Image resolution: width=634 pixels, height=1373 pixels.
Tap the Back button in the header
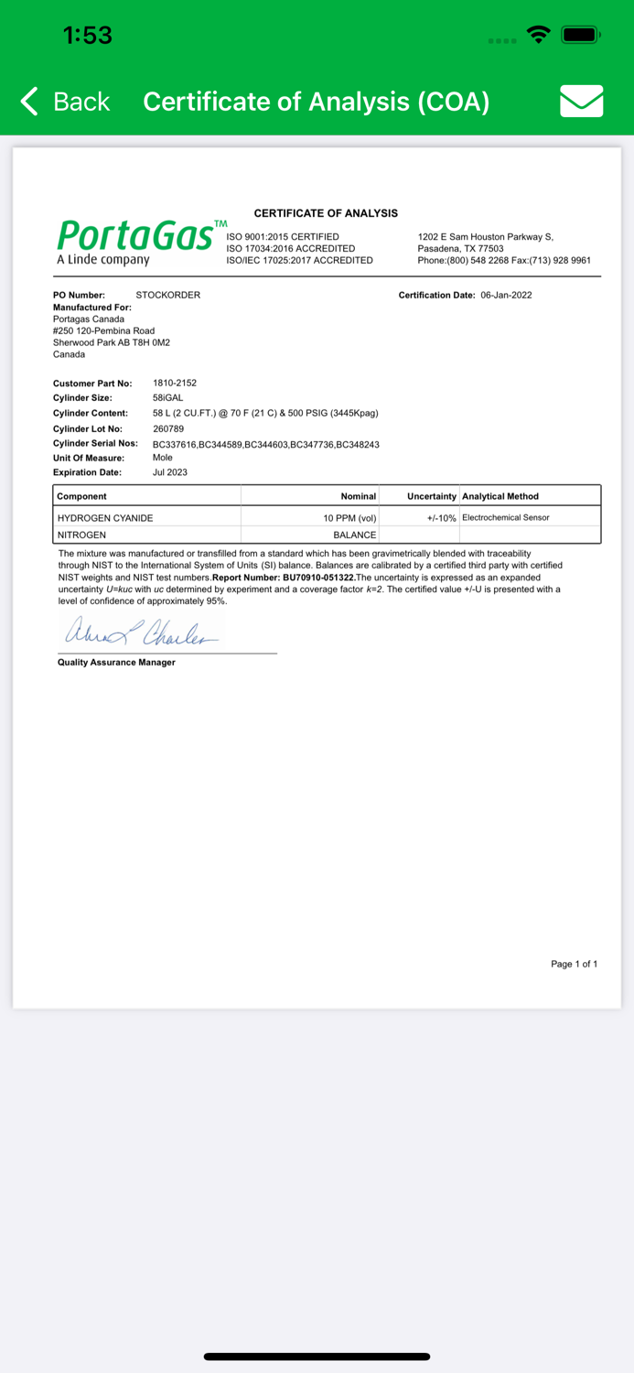[66, 102]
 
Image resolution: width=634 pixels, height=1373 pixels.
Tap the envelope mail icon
[581, 101]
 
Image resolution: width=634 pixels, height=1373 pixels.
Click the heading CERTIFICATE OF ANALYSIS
[326, 213]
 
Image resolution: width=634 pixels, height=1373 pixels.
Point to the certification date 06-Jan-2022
[506, 295]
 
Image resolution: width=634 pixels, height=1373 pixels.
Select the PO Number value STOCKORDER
[167, 295]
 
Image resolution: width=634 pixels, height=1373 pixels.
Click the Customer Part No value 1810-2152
[174, 383]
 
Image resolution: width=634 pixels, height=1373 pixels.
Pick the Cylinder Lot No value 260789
[168, 428]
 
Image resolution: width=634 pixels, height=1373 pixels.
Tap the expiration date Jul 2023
[169, 472]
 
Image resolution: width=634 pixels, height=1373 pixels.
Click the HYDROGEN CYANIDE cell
[105, 518]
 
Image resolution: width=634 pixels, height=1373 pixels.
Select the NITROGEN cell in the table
[82, 535]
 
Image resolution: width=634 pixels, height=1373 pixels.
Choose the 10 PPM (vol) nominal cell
[349, 518]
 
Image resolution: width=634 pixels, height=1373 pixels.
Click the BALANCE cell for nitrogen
[354, 535]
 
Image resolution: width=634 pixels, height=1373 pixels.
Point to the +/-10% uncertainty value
[441, 518]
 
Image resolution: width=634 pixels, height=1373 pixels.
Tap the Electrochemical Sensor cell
[506, 518]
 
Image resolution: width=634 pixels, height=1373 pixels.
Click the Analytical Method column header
[500, 496]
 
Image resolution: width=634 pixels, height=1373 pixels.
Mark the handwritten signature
[141, 632]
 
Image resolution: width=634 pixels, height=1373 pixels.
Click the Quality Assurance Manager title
[116, 662]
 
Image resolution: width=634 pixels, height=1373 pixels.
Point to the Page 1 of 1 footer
[574, 964]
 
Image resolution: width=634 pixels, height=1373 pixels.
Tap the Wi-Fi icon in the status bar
[540, 36]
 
